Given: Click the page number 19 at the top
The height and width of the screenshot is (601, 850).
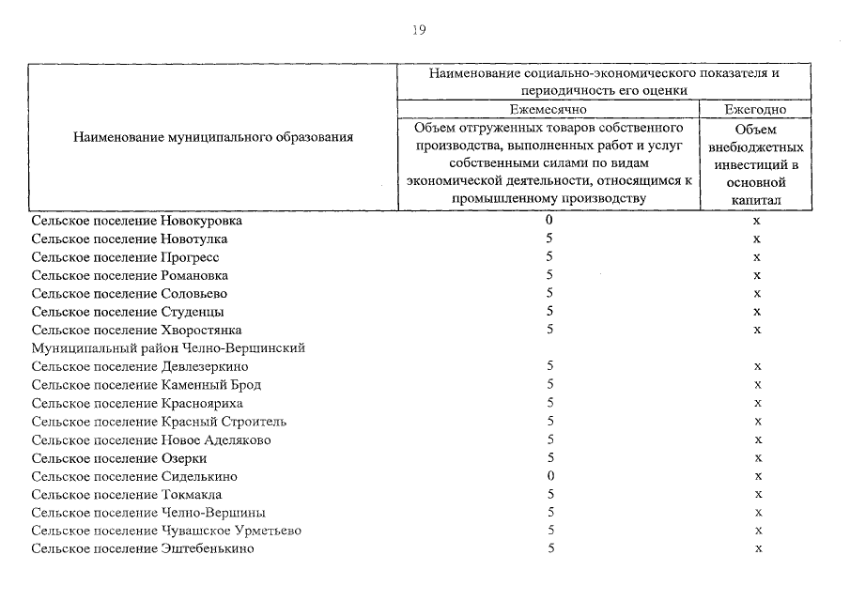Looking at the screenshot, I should click(x=419, y=30).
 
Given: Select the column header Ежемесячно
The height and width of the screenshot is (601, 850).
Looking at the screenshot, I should click(x=549, y=110).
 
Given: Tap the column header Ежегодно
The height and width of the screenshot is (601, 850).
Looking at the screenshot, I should click(x=755, y=110).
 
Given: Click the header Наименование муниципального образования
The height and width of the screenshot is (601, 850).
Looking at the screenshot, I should click(x=213, y=137).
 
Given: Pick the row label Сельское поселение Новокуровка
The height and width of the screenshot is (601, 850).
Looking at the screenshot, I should click(x=136, y=221).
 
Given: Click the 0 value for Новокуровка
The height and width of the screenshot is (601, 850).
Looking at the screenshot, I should click(x=549, y=221).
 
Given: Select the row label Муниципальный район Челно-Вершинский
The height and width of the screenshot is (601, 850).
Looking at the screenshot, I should click(x=168, y=348).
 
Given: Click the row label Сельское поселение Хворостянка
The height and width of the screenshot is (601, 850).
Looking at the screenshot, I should click(x=136, y=331).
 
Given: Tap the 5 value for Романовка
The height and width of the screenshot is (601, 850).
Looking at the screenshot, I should click(x=549, y=275).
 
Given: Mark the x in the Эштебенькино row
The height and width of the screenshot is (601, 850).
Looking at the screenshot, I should click(x=756, y=548).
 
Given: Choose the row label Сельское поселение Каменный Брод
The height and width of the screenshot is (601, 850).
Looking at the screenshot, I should click(x=146, y=385).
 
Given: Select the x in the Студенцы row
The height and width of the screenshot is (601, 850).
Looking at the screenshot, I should click(x=756, y=312).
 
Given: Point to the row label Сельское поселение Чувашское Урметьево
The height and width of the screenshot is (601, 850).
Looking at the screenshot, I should click(x=166, y=531).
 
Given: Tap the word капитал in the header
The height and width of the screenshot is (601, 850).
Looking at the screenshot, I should click(x=755, y=200).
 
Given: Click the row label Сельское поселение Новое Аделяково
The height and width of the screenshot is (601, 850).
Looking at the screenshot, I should click(x=151, y=439).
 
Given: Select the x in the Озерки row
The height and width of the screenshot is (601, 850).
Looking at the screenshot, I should click(x=756, y=457).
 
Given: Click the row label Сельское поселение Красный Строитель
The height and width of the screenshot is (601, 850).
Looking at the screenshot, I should click(x=159, y=422).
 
